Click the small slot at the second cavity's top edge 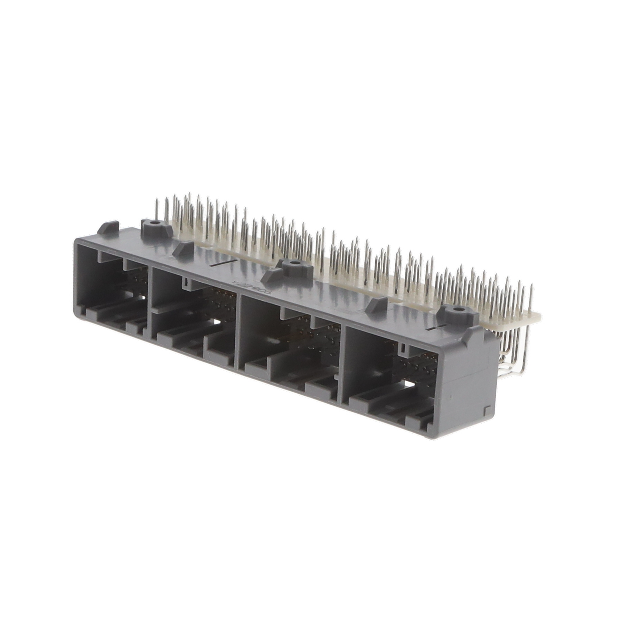click(x=186, y=282)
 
